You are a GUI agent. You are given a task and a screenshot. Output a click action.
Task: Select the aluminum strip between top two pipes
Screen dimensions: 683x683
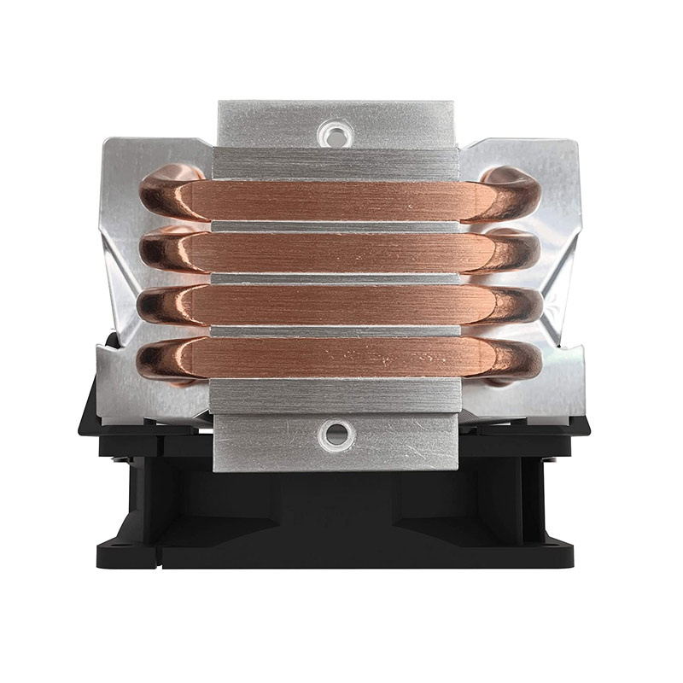[337, 227]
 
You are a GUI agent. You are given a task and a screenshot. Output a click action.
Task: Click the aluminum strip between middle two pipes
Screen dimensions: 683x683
[337, 278]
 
